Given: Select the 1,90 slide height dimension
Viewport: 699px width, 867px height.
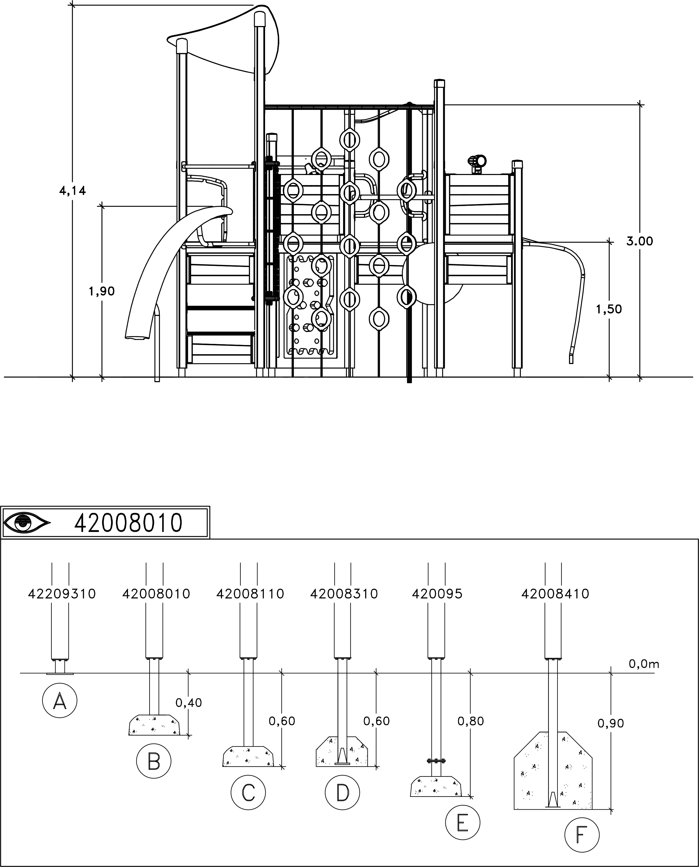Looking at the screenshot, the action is (x=102, y=291).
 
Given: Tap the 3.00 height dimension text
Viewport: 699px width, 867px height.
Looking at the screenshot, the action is (x=640, y=241).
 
